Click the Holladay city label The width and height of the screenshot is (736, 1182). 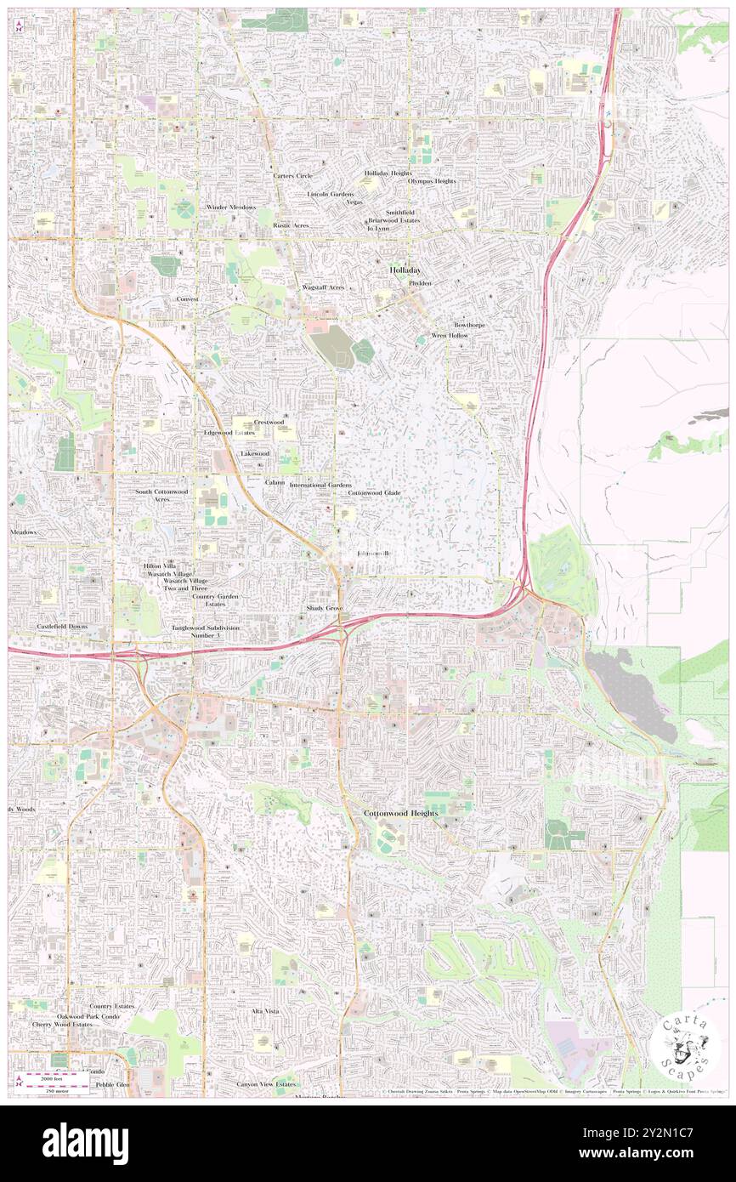coord(405,270)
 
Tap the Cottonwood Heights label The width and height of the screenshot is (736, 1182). coord(401,814)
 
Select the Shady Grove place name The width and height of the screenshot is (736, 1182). coord(325,610)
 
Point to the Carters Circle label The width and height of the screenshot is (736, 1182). coord(293,176)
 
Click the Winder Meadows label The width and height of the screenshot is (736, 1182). coord(230,207)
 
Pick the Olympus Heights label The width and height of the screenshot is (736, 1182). coord(432,181)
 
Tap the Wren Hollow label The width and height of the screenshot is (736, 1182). coord(450,336)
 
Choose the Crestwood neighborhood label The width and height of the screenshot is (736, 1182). coord(269,422)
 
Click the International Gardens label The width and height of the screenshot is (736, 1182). coord(320,485)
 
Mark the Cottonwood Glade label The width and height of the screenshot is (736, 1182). coord(374,493)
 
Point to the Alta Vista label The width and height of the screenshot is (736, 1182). coord(264,1011)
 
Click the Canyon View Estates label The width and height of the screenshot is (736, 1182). coord(266,1084)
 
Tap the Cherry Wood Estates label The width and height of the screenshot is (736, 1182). coord(62,1025)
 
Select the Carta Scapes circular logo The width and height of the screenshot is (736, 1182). coord(688,1046)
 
